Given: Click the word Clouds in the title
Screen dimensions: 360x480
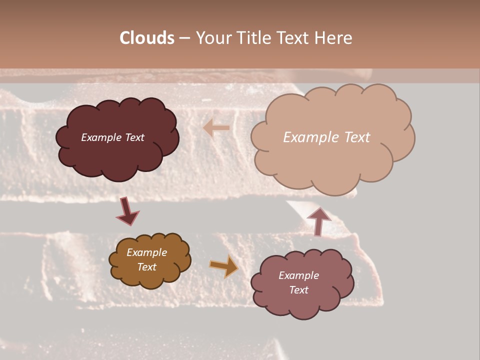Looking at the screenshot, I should [147, 38].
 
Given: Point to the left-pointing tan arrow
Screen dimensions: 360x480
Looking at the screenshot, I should [216, 128].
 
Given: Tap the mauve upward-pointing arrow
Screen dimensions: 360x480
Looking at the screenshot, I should [318, 220].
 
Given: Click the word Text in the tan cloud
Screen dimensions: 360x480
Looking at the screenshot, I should [357, 137].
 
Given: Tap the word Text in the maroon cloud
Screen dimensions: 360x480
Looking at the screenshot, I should [135, 137].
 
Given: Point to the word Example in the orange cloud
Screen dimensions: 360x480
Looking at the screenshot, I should [147, 252].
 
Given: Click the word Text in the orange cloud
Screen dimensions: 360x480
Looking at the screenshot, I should [147, 267].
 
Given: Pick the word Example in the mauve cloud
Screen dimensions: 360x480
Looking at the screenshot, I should [298, 275].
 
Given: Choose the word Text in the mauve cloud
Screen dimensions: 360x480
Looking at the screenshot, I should [298, 290].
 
